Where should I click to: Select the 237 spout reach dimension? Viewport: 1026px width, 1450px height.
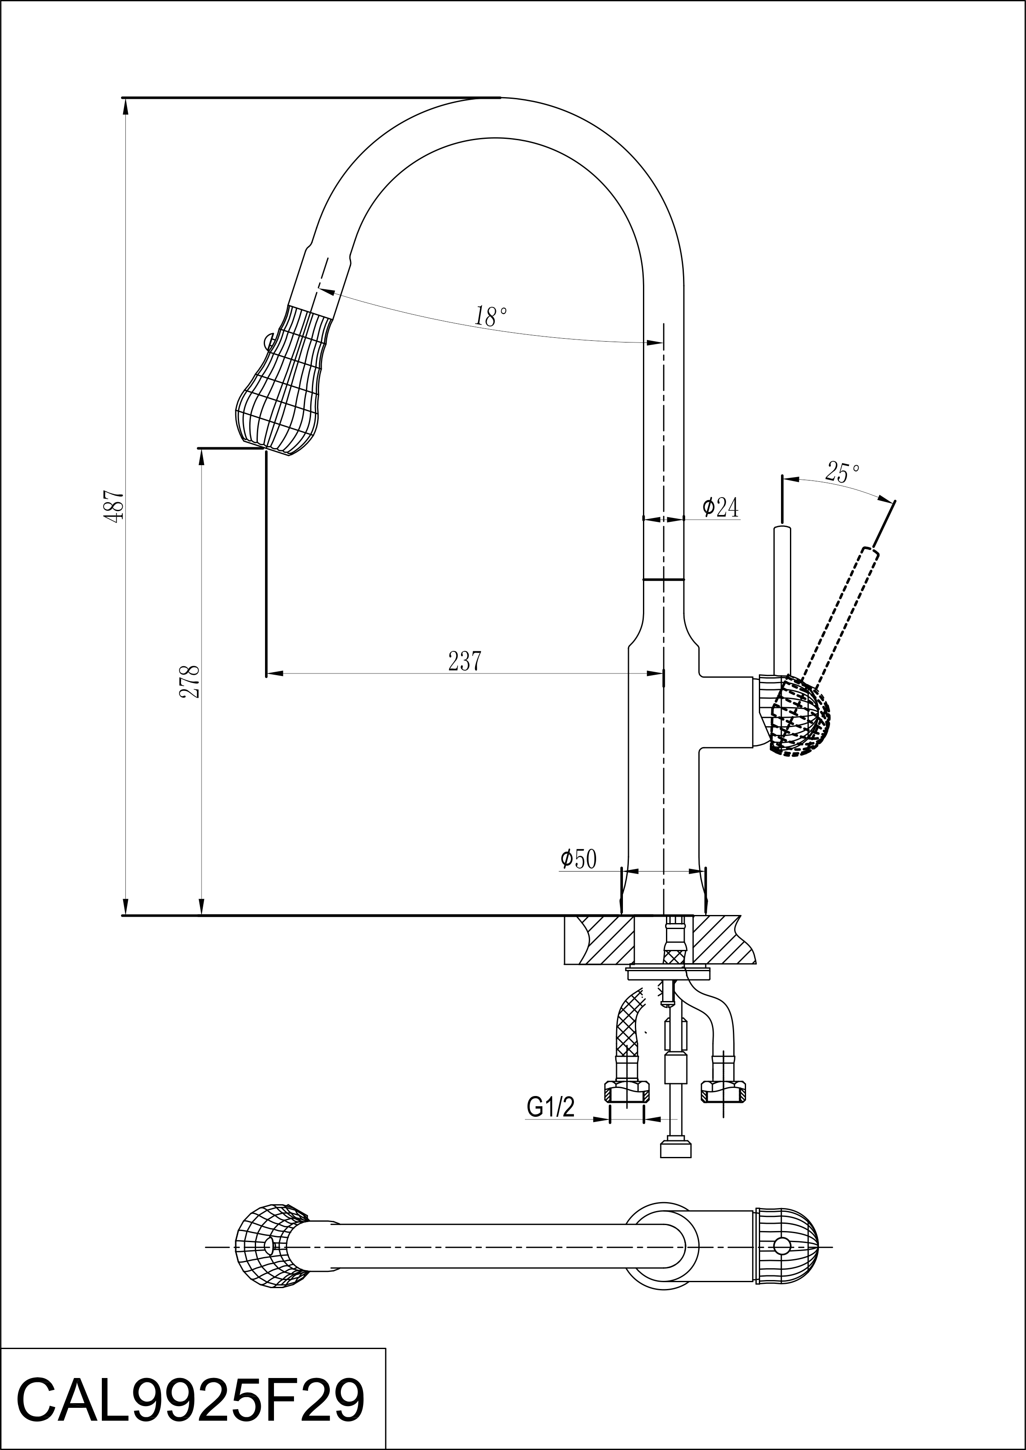click(465, 661)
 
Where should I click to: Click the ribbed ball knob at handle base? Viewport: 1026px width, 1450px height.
click(799, 716)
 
